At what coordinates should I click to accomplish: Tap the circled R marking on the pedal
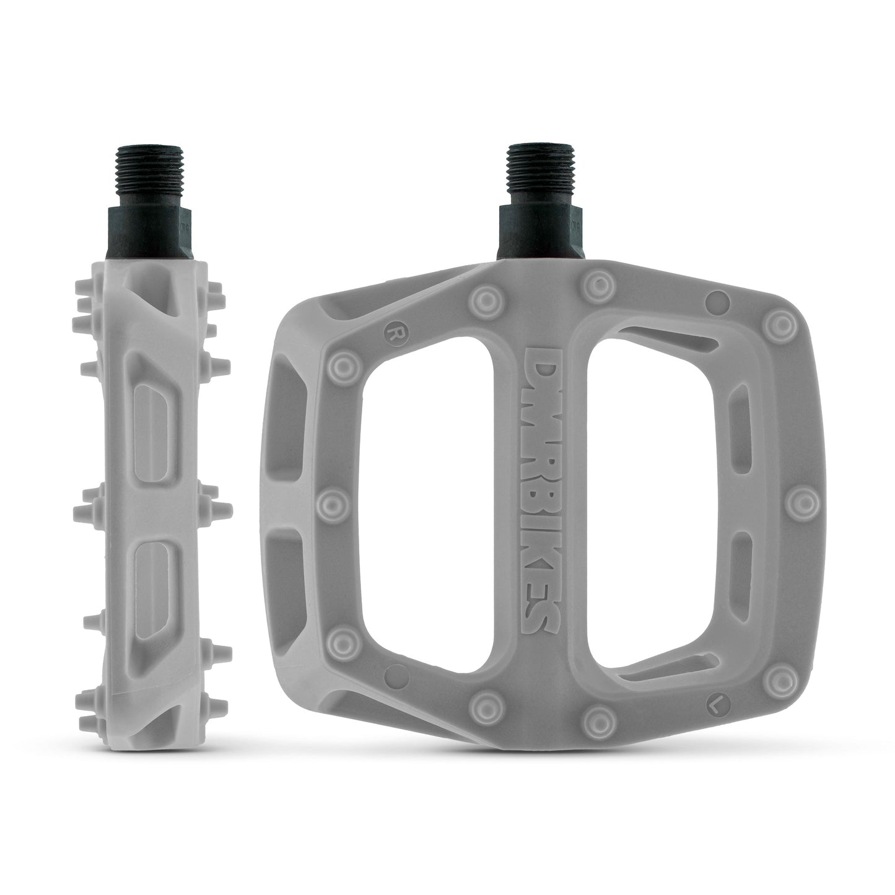click(391, 331)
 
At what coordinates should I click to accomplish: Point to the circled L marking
click(715, 704)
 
